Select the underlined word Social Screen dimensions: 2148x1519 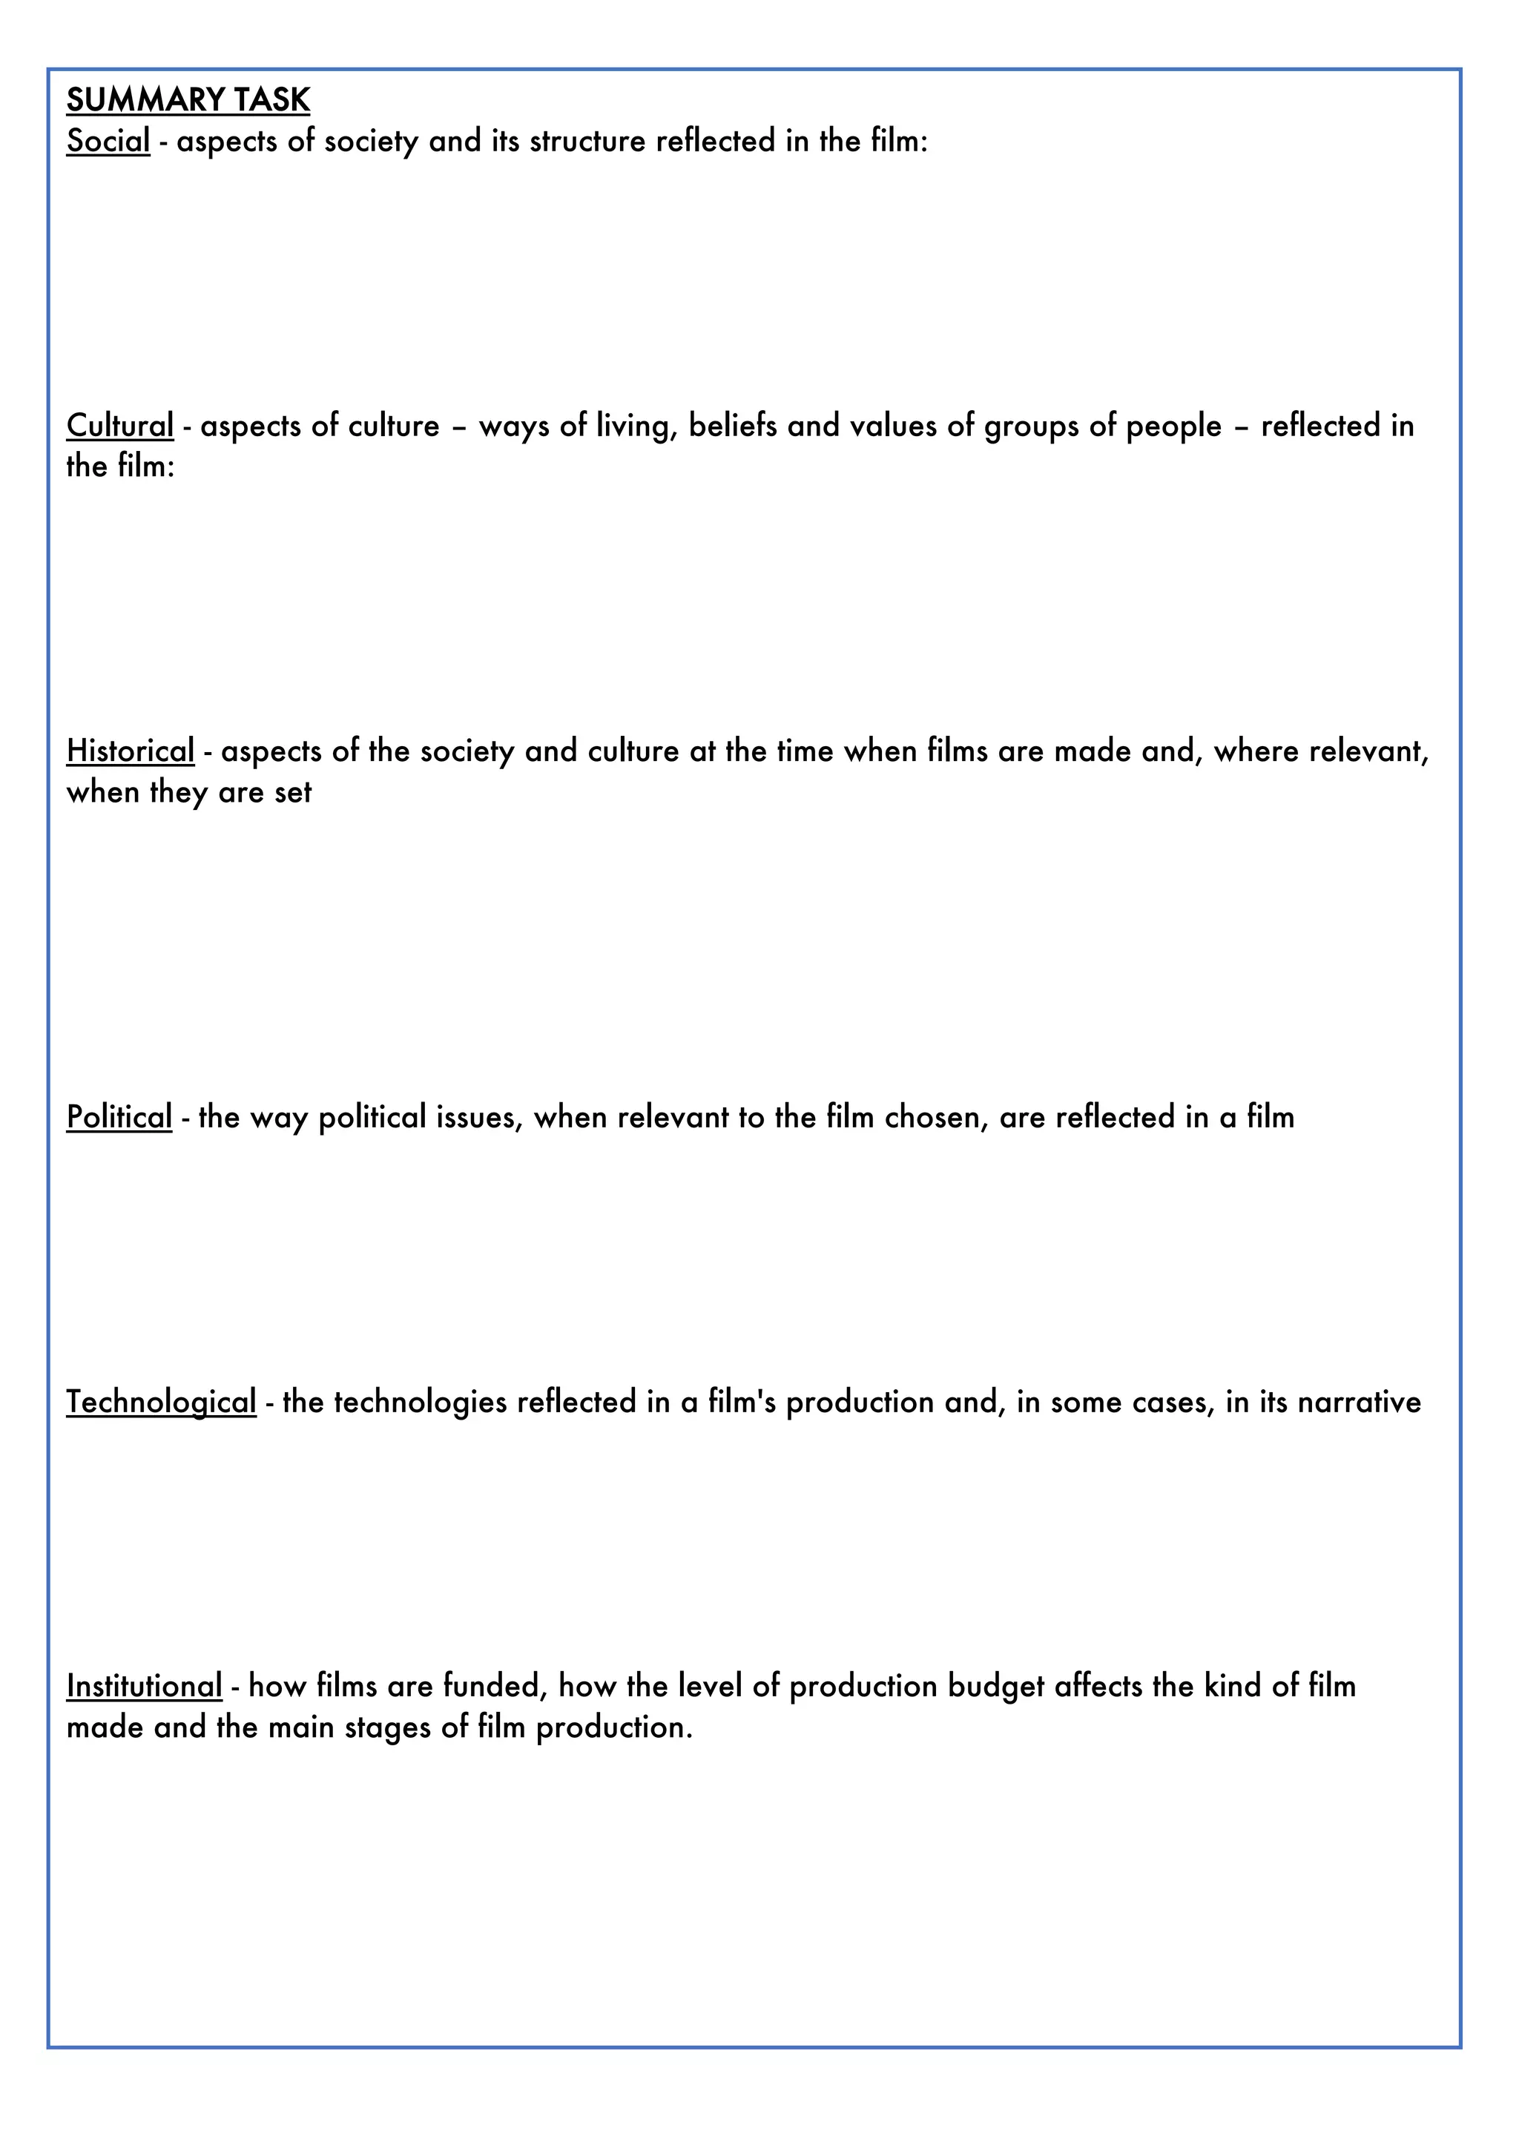(x=108, y=140)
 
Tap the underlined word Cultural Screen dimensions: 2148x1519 (x=119, y=426)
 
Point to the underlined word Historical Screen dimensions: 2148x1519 (x=130, y=751)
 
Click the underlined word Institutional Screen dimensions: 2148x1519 (x=144, y=1686)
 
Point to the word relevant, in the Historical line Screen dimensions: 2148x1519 (x=1368, y=751)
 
